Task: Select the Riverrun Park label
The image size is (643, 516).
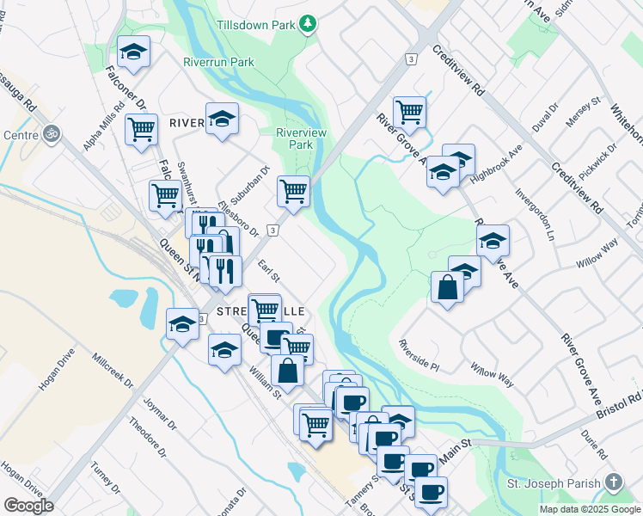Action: click(218, 62)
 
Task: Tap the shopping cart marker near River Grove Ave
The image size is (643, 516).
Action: click(410, 112)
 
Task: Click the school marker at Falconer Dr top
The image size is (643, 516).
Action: click(133, 52)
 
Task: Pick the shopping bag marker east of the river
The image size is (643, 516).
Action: click(448, 286)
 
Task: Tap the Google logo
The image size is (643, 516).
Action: click(28, 505)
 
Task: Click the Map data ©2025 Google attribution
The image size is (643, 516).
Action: click(589, 509)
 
